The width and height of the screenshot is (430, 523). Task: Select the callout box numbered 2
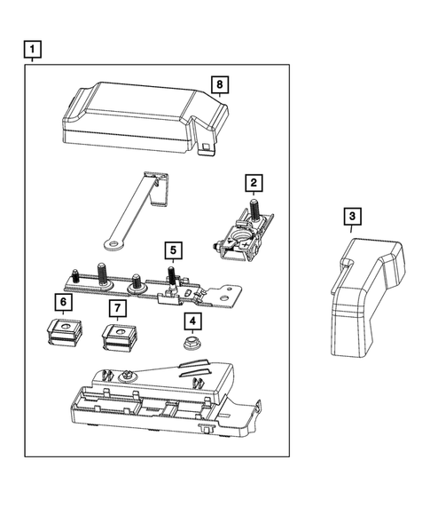pyautogui.click(x=254, y=184)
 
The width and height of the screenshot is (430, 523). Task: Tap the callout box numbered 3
pyautogui.click(x=352, y=217)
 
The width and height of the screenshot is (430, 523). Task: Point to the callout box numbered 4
pyautogui.click(x=191, y=321)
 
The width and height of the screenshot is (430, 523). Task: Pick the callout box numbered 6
pyautogui.click(x=62, y=302)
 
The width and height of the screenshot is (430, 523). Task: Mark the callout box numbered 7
pyautogui.click(x=116, y=308)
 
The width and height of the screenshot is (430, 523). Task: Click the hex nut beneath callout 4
pyautogui.click(x=191, y=343)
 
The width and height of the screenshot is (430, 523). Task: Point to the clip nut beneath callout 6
pyautogui.click(x=62, y=335)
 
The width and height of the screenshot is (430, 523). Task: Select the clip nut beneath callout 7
pyautogui.click(x=118, y=338)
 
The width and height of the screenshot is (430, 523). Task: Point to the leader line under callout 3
pyautogui.click(x=352, y=232)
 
